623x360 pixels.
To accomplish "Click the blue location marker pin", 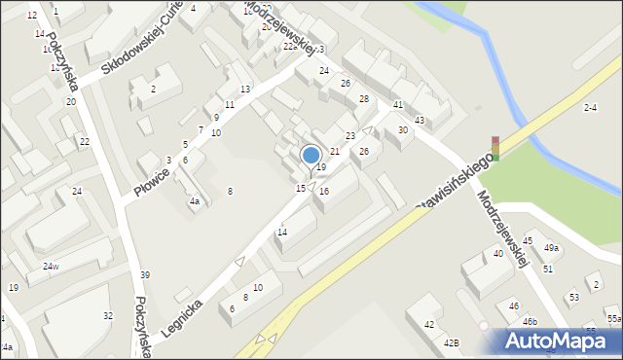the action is coord(311,156).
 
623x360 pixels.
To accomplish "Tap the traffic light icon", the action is coord(495,148).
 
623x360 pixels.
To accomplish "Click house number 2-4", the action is coord(590,107).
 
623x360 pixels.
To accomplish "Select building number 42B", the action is coord(451,342).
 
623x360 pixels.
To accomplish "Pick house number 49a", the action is coord(552,248).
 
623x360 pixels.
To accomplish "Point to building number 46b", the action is coord(529,321).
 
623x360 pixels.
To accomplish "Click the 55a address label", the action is coord(613,318).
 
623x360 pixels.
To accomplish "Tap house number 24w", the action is coord(51,267).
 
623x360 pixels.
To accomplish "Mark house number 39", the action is coord(145,275).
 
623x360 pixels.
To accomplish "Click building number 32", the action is coord(108,315).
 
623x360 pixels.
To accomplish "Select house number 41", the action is coord(398,104).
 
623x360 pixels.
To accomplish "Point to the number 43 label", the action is coord(420,120).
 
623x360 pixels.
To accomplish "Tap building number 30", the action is coord(402,130).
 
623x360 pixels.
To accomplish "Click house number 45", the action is coord(528,240).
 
